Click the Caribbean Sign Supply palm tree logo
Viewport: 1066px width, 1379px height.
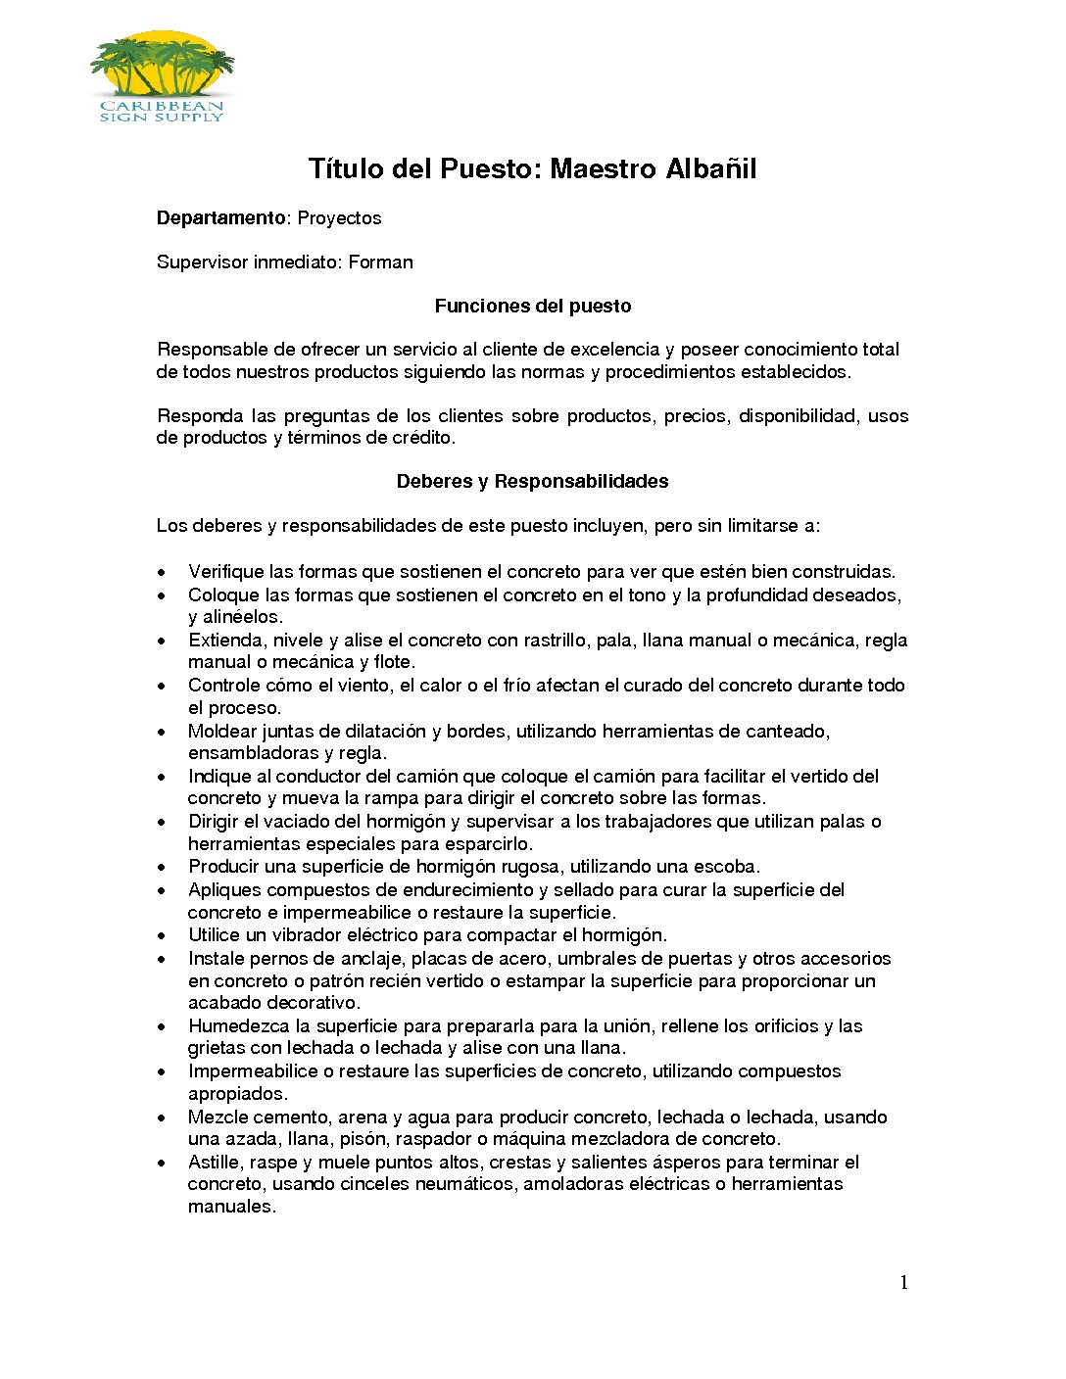[162, 76]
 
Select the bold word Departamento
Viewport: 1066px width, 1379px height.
[220, 217]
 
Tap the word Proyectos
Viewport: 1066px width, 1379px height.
[339, 217]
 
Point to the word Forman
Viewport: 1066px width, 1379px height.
[381, 262]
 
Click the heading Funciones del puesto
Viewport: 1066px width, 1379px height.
[533, 306]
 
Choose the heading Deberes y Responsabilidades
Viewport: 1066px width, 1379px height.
[533, 481]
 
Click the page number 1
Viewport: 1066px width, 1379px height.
[903, 1283]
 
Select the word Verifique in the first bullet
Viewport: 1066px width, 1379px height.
[225, 572]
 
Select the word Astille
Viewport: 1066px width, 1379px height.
[214, 1163]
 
